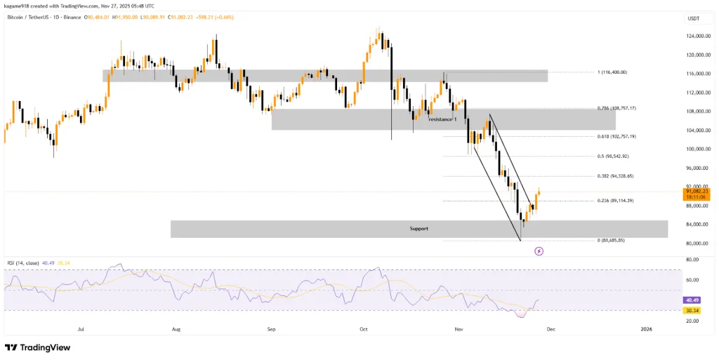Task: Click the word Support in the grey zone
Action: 419,229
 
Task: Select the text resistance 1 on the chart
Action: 442,119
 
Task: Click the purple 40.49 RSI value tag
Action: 692,300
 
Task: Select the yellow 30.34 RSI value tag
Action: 692,310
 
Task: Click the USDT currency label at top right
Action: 694,19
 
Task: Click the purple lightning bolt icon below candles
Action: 539,251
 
